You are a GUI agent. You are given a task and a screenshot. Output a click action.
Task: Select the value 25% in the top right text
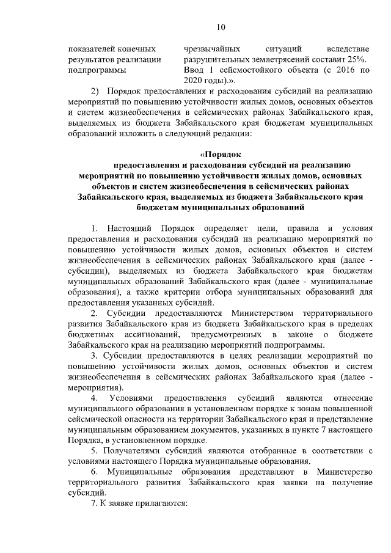click(x=354, y=59)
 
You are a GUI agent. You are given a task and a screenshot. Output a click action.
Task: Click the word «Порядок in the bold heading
click(x=221, y=153)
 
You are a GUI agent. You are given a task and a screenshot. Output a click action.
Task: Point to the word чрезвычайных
click(x=210, y=48)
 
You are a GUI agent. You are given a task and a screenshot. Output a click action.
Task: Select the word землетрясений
click(x=273, y=59)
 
